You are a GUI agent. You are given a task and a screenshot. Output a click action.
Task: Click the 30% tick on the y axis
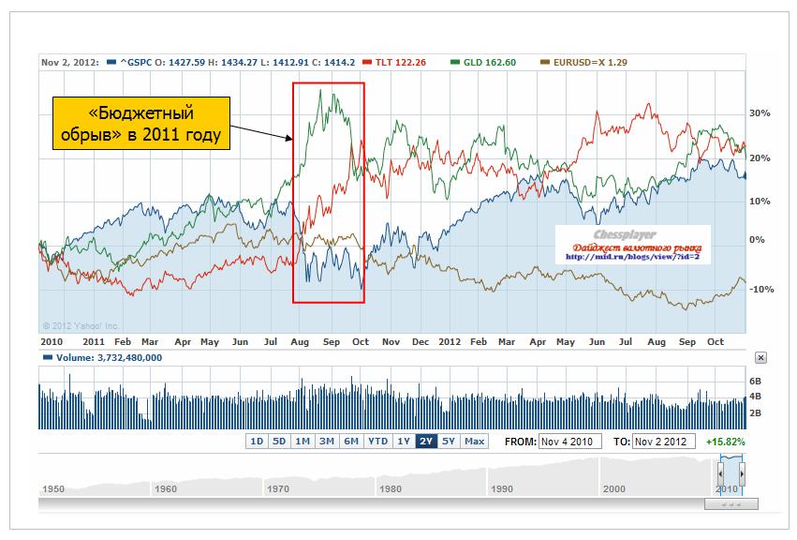[x=760, y=113]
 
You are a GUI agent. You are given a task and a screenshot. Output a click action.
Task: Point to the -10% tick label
[x=760, y=290]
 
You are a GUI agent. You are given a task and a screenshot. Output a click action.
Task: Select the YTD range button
[x=377, y=442]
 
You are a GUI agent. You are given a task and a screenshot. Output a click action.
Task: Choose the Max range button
[x=474, y=442]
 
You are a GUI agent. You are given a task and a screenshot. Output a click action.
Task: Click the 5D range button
[x=279, y=442]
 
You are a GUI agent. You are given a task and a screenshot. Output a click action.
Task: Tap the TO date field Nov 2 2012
[x=664, y=442]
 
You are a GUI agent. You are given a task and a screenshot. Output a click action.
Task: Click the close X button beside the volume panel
[x=760, y=357]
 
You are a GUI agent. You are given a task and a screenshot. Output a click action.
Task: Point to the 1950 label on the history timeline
[x=53, y=489]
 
